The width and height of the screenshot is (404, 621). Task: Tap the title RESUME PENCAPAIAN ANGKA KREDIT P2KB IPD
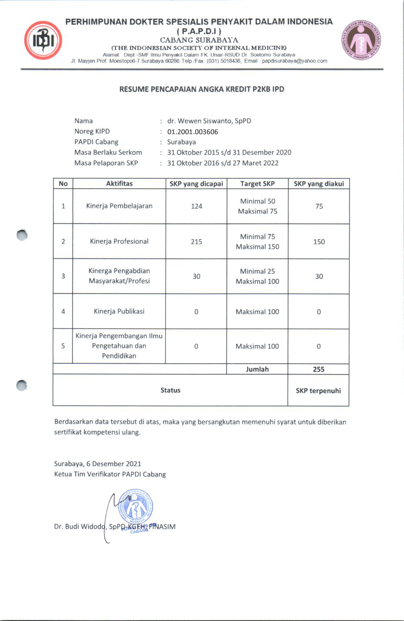(x=202, y=89)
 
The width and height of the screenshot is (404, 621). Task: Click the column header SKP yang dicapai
(x=197, y=183)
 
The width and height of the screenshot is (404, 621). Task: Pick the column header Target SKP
(x=257, y=183)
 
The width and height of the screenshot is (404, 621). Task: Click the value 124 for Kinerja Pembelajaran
(x=197, y=206)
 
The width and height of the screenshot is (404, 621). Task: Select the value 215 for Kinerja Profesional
(x=197, y=242)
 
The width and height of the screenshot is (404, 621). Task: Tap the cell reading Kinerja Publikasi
(x=119, y=311)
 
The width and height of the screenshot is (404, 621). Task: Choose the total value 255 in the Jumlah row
(x=319, y=369)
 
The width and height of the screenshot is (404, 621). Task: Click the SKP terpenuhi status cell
(x=318, y=390)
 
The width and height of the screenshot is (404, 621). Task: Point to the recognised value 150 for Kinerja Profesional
(x=319, y=242)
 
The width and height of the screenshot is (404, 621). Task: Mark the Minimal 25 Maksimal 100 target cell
(x=257, y=276)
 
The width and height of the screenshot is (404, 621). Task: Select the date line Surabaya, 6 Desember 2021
(x=97, y=464)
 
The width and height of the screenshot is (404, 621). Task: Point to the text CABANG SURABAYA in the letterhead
(x=199, y=40)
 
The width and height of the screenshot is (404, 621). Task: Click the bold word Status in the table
(x=170, y=390)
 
